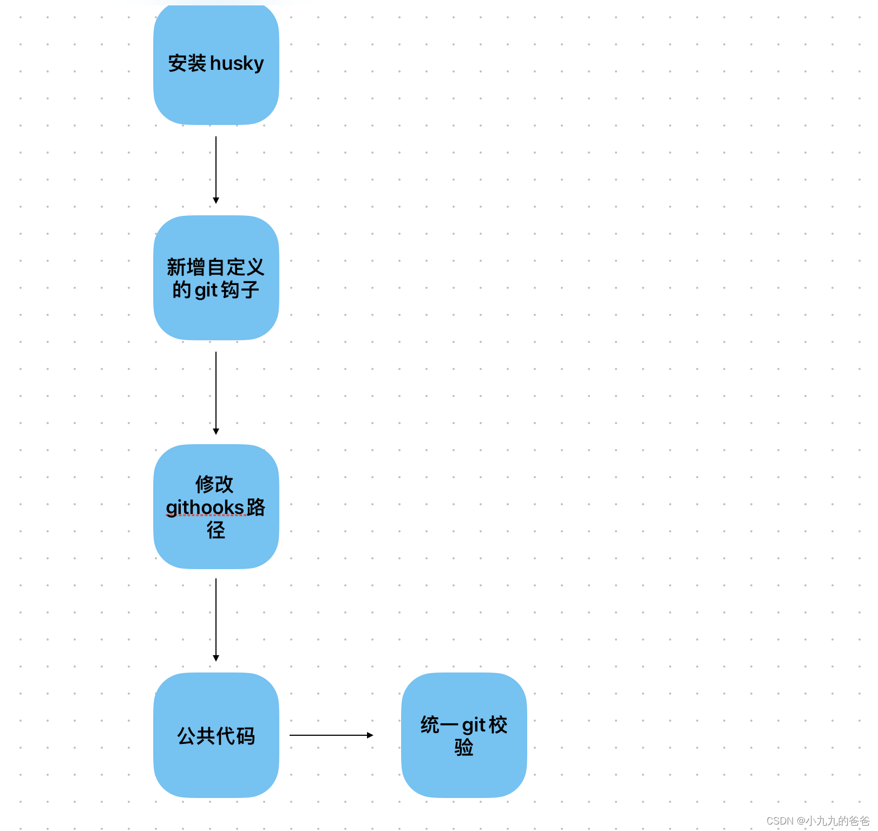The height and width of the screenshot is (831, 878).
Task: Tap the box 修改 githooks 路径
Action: [x=216, y=552]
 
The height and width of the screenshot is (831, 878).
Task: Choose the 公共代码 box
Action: [x=216, y=768]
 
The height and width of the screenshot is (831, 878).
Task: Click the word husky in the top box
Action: [x=237, y=64]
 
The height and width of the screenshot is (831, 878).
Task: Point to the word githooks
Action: [x=205, y=507]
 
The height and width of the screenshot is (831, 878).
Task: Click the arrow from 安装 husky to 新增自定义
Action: [x=216, y=168]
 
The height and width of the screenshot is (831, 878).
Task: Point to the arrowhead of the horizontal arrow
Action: [x=370, y=735]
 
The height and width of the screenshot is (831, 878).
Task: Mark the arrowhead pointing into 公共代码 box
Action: [x=216, y=658]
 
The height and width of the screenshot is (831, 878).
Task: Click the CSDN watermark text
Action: [x=817, y=821]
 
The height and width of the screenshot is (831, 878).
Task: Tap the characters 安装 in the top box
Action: [x=187, y=64]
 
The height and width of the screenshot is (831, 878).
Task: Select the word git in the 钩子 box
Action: [x=206, y=291]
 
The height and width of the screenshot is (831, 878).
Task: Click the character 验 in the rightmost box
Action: [x=464, y=748]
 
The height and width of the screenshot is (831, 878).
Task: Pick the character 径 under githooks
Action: [x=216, y=530]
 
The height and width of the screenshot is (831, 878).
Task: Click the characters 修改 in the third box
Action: [x=214, y=484]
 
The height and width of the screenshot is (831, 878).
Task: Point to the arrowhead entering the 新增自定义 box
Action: [x=216, y=201]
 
